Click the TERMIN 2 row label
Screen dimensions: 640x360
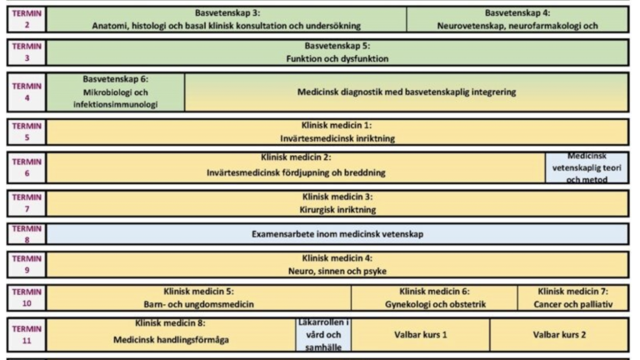(x=27, y=19)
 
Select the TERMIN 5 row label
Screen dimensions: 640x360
(x=27, y=132)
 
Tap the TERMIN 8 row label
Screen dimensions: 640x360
(x=27, y=234)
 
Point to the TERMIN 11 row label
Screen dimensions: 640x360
(x=27, y=335)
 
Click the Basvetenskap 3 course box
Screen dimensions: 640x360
(x=227, y=19)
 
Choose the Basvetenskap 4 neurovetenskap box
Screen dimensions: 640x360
(x=517, y=19)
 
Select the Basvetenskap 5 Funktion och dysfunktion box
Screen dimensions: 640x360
(x=337, y=52)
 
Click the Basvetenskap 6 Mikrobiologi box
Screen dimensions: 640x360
(x=116, y=92)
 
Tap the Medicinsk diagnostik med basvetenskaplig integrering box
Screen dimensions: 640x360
(x=406, y=92)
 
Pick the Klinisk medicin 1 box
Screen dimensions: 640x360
(x=337, y=132)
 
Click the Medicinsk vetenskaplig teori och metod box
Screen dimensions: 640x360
(x=587, y=167)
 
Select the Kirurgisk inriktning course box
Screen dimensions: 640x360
(x=337, y=203)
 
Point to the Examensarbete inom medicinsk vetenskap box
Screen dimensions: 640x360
(x=337, y=234)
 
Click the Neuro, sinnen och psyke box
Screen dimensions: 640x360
(x=337, y=264)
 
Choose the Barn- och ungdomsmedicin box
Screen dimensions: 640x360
(x=199, y=297)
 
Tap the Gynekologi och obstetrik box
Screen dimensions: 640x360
(x=434, y=297)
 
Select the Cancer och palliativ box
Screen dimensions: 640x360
(x=573, y=297)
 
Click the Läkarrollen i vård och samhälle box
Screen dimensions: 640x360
(x=323, y=335)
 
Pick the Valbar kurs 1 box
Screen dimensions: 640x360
(x=420, y=335)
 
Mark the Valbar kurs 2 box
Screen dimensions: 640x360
(x=559, y=335)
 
